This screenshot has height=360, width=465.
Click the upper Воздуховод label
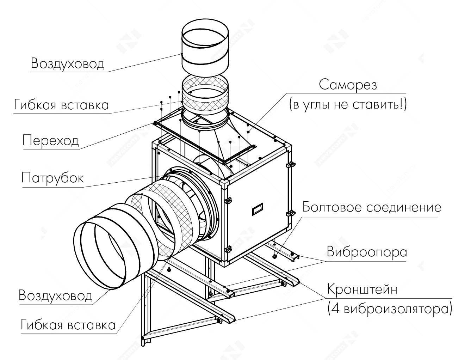click(x=67, y=63)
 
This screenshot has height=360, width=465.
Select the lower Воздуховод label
click(x=55, y=295)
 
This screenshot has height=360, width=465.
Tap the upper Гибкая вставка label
click(x=61, y=105)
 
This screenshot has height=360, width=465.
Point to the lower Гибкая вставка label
click(x=68, y=324)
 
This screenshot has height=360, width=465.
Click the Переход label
click(x=51, y=140)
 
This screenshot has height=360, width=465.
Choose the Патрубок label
click(x=53, y=178)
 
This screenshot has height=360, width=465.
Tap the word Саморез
click(x=348, y=85)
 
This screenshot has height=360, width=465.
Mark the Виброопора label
click(x=367, y=252)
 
